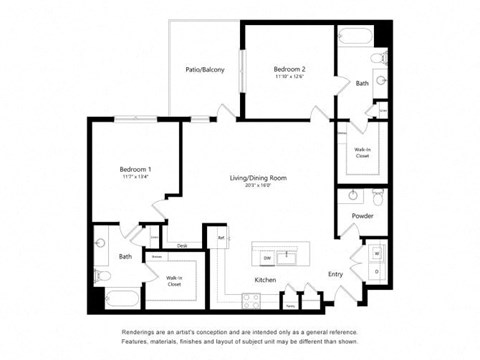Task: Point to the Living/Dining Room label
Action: pyautogui.click(x=258, y=178)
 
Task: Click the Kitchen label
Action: pyautogui.click(x=265, y=279)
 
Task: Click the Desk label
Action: pyautogui.click(x=182, y=245)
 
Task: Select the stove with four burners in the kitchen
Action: pyautogui.click(x=250, y=297)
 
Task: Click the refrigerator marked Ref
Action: pyautogui.click(x=221, y=238)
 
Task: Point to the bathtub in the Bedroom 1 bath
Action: pyautogui.click(x=117, y=298)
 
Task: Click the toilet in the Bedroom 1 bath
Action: pyautogui.click(x=101, y=272)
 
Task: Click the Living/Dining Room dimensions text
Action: pyautogui.click(x=258, y=186)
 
